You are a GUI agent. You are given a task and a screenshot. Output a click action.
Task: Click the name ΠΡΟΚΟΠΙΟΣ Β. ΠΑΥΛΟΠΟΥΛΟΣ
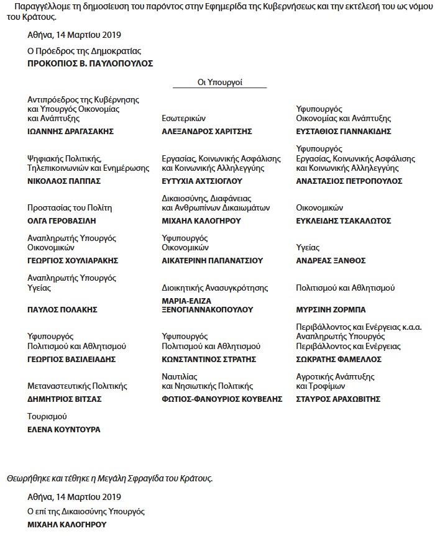[x=90, y=63]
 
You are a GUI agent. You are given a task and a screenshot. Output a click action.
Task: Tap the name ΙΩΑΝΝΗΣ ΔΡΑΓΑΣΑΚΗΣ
[x=71, y=132]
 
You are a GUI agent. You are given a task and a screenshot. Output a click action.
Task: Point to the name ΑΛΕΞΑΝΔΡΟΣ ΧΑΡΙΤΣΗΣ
[x=206, y=132]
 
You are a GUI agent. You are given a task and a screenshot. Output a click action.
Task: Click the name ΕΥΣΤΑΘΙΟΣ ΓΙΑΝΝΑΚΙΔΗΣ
[x=344, y=132]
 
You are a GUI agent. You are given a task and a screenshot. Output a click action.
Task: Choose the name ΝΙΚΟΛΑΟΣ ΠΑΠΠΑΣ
[x=65, y=181]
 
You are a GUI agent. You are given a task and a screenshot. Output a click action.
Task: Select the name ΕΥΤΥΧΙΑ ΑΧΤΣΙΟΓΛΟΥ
[x=202, y=181]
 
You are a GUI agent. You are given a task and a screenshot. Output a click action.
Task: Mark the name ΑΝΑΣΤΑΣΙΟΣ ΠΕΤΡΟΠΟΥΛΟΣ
[x=349, y=181]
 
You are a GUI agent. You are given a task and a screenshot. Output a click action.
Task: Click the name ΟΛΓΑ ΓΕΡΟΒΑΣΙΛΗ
[x=62, y=220]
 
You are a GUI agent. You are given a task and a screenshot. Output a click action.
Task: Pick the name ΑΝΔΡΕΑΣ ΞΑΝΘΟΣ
[x=331, y=260]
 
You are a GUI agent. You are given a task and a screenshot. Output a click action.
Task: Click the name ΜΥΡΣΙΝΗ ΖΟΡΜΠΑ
[x=330, y=309]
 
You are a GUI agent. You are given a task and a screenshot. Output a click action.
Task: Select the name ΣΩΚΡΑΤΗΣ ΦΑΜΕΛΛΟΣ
[x=339, y=359]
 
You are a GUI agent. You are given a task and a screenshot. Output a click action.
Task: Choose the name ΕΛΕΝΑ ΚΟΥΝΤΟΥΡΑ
[x=64, y=429]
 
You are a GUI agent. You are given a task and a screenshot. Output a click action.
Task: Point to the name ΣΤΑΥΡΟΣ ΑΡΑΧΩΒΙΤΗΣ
[x=338, y=399]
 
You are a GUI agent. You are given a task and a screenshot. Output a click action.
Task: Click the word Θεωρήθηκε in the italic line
[x=27, y=478]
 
